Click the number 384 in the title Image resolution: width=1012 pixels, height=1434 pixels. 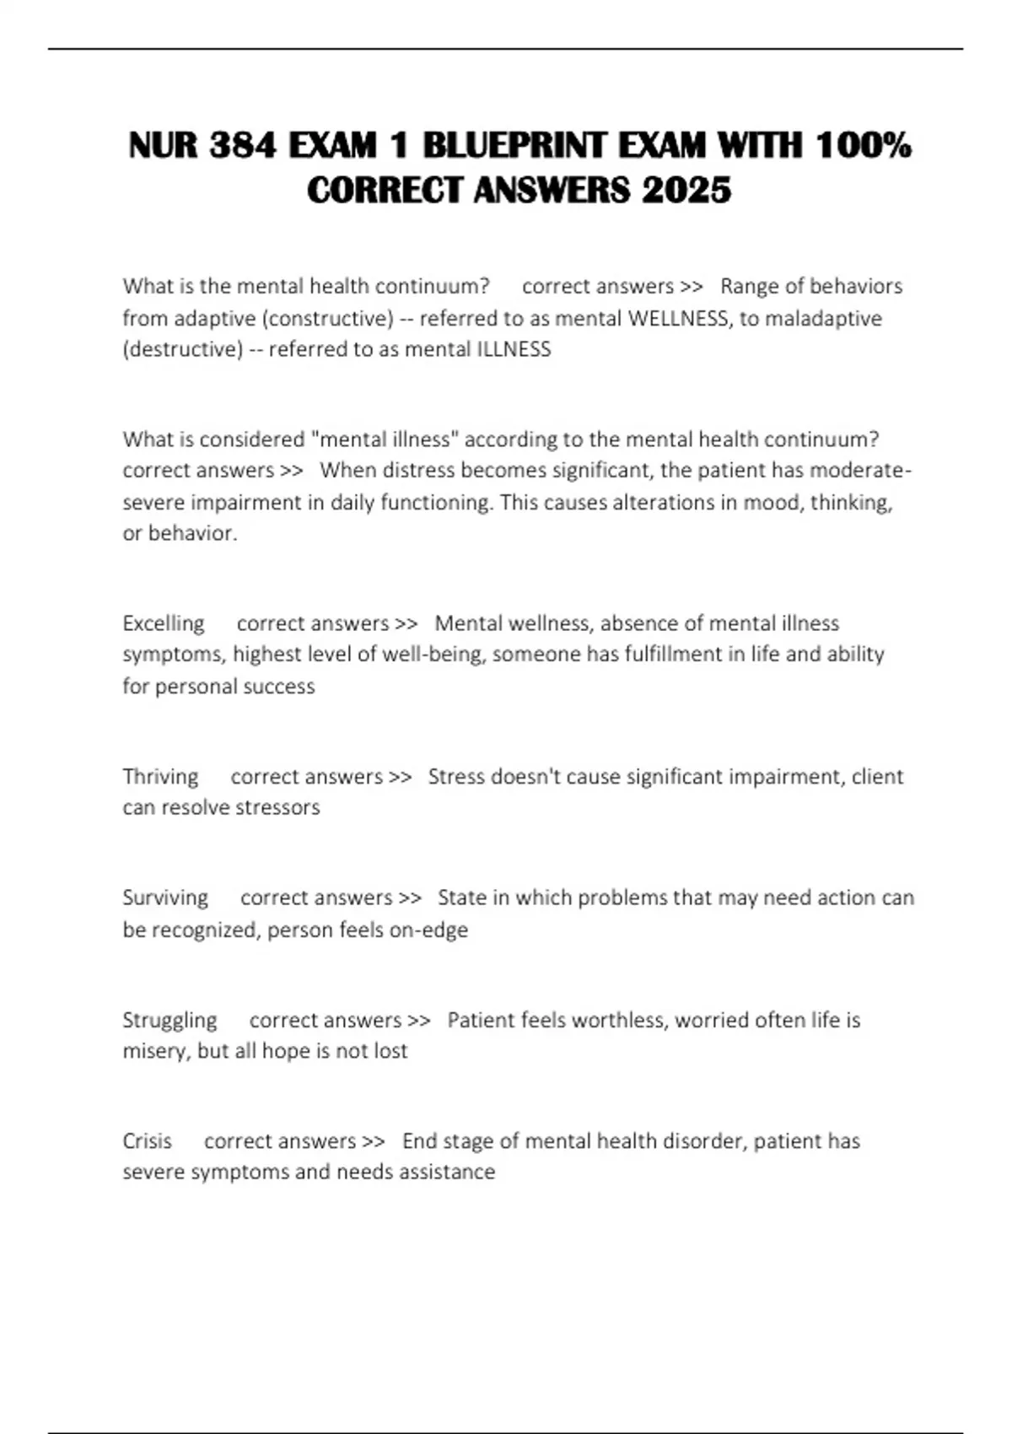coord(242,146)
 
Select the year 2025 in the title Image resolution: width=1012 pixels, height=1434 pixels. coord(686,190)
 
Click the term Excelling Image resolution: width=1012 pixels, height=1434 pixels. coord(164,623)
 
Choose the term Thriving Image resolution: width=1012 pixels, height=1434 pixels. coord(160,776)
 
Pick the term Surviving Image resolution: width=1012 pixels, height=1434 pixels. coord(165,898)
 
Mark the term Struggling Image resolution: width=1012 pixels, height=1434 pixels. coord(170,1020)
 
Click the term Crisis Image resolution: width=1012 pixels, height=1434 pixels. coord(147,1141)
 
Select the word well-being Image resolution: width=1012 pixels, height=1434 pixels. coord(433,655)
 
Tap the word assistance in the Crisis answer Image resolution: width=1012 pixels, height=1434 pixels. coord(447,1172)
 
